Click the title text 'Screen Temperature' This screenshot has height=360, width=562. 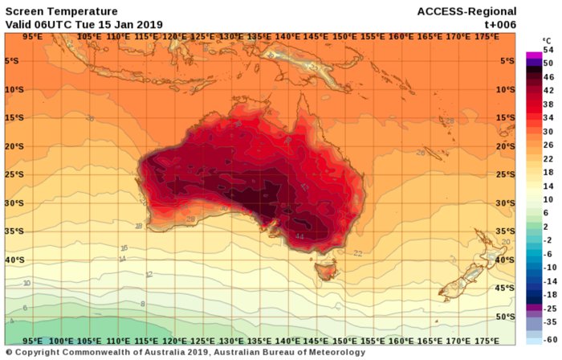click(x=61, y=11)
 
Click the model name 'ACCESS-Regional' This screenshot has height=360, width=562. click(x=466, y=11)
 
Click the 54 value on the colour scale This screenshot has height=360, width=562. click(x=549, y=50)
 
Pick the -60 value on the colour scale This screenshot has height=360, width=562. click(x=549, y=342)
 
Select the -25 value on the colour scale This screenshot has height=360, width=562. click(x=549, y=309)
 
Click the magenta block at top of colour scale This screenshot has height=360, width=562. click(x=533, y=55)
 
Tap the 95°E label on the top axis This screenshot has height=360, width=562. click(x=32, y=36)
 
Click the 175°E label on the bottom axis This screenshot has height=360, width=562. click(x=486, y=340)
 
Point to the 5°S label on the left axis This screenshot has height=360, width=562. click(x=14, y=61)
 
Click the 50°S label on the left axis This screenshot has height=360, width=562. click(x=14, y=317)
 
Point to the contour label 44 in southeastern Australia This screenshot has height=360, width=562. click(x=299, y=236)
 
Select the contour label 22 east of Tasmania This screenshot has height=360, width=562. click(x=358, y=253)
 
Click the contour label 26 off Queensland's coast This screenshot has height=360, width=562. click(x=420, y=152)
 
